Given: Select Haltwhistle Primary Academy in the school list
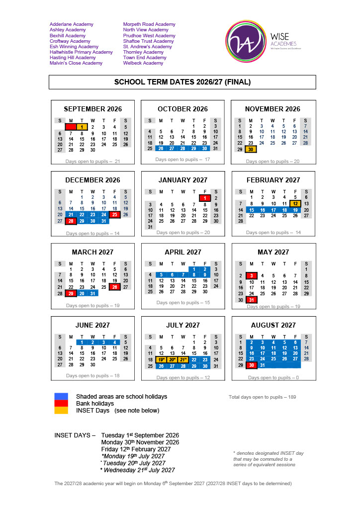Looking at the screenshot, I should (x=81, y=52).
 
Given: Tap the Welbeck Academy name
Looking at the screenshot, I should (x=143, y=63).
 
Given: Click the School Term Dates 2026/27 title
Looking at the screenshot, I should (x=182, y=82).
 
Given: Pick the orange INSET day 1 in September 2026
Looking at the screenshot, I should (x=82, y=127).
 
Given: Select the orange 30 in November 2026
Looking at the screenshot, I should (x=251, y=149).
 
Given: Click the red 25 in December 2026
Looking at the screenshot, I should (x=115, y=215).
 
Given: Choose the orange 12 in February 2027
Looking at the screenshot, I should (x=295, y=203).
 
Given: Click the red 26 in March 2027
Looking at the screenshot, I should (x=115, y=287).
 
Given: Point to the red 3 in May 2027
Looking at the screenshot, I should (x=252, y=275).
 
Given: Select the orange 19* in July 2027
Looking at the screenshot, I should (x=161, y=359).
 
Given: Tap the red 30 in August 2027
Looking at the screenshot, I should (x=252, y=365).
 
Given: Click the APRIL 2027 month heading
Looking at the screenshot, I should (x=183, y=252).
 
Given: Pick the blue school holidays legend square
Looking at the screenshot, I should (x=61, y=396).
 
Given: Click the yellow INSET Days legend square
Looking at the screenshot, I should (x=61, y=411).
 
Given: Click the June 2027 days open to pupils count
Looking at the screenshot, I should (x=93, y=376).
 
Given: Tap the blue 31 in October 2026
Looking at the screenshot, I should (x=215, y=148).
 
